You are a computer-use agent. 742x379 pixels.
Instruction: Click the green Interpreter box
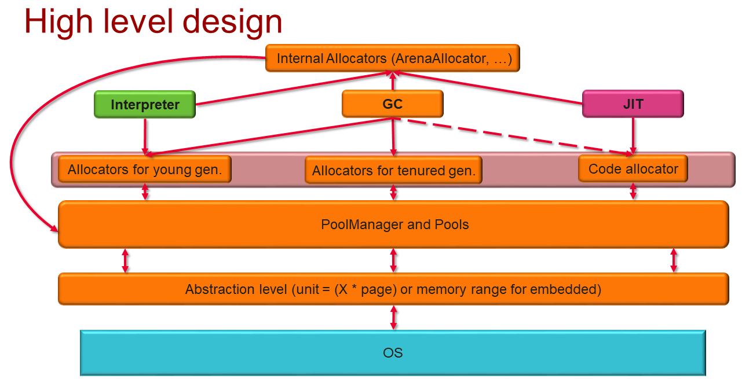pyautogui.click(x=145, y=105)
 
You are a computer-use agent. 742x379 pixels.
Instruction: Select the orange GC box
pyautogui.click(x=392, y=104)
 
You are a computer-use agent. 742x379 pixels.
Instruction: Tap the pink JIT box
pyautogui.click(x=633, y=104)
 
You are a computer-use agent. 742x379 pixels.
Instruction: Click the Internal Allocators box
pyautogui.click(x=393, y=58)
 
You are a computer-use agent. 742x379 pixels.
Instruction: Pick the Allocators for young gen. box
pyautogui.click(x=145, y=170)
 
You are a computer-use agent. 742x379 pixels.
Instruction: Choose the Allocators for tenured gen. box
pyautogui.click(x=393, y=170)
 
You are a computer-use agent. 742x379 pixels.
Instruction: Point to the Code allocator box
pyautogui.click(x=633, y=168)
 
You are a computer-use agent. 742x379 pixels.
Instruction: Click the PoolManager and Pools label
pyautogui.click(x=394, y=225)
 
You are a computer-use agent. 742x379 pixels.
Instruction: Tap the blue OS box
pyautogui.click(x=393, y=352)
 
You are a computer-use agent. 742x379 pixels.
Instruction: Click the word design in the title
pyautogui.click(x=232, y=22)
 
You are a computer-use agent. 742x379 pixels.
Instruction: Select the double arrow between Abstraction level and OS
pyautogui.click(x=394, y=318)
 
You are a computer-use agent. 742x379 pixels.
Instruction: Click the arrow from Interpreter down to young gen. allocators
pyautogui.click(x=145, y=136)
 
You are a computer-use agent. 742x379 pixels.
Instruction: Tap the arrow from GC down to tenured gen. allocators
pyautogui.click(x=393, y=136)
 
